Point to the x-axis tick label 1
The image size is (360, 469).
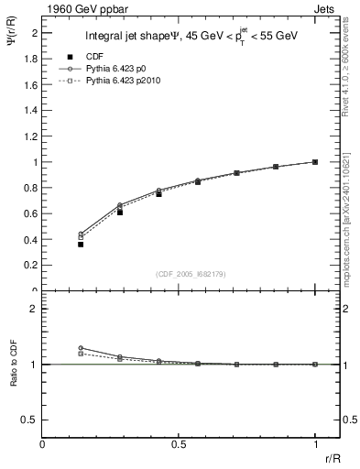pyautogui.click(x=315, y=445)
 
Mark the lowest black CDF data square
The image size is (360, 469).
pyautogui.click(x=81, y=245)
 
